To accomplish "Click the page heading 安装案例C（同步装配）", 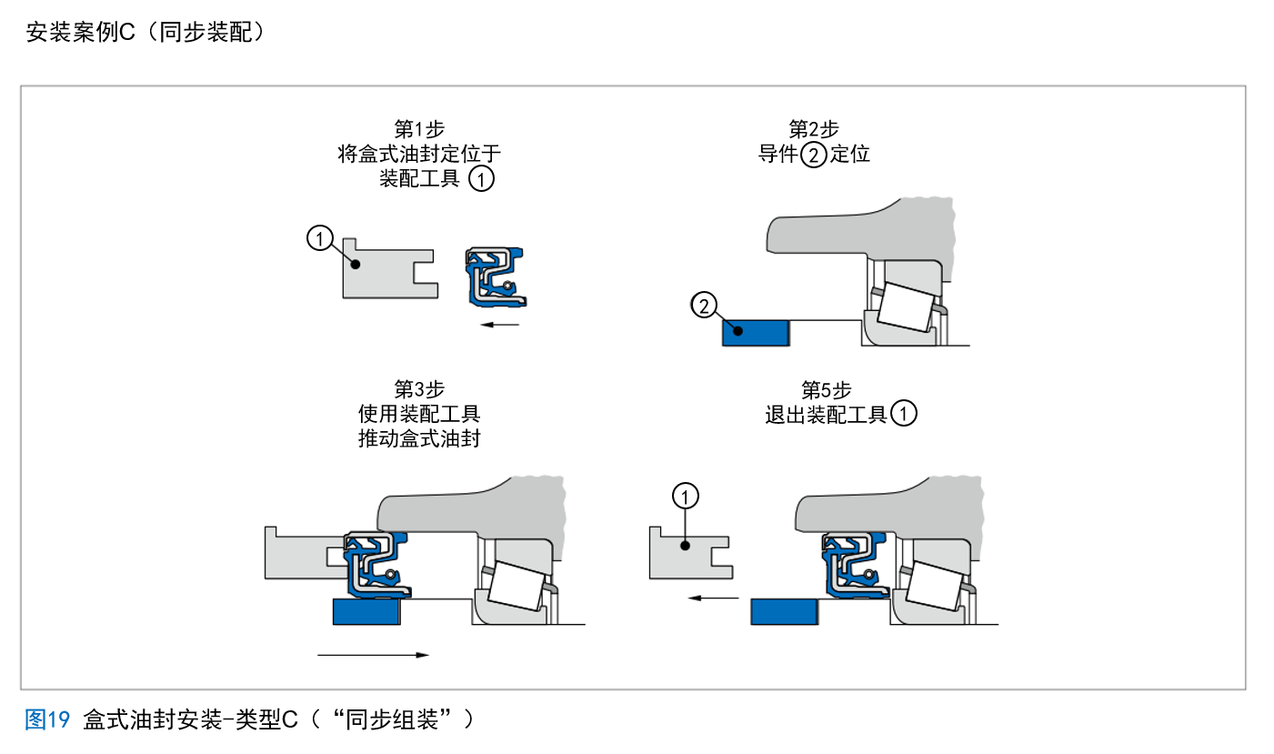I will [145, 33].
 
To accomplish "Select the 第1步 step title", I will [419, 128].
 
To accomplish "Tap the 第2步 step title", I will [814, 128].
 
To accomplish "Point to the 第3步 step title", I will [419, 390].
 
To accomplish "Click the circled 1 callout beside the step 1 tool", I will [319, 238].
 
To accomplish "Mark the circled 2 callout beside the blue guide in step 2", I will [704, 305].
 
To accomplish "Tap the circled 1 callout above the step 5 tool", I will [686, 496].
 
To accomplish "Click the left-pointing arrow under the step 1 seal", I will [499, 324].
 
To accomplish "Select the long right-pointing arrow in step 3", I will [373, 655].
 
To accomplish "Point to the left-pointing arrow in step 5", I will [713, 598].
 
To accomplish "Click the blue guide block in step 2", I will [756, 333].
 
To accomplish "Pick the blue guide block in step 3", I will [367, 612].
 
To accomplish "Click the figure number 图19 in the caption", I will [47, 720].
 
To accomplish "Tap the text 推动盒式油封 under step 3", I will [419, 439].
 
